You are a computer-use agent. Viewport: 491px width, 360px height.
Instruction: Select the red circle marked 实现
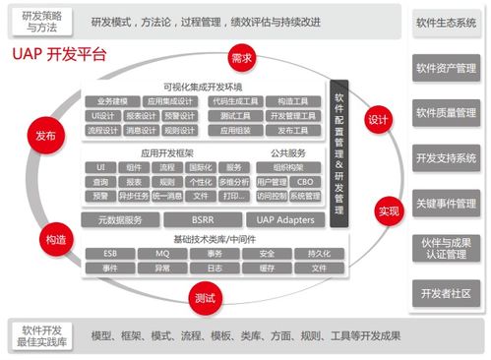click(388, 210)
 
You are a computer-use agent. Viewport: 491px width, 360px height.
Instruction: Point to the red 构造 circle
click(55, 239)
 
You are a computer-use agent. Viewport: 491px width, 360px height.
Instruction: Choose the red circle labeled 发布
click(45, 137)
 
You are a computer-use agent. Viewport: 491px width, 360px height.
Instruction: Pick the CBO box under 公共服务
click(307, 181)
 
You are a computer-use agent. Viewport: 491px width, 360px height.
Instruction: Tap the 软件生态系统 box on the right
click(445, 21)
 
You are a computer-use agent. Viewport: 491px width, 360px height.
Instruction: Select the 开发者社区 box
click(445, 293)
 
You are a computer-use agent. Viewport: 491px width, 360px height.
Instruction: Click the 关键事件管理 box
click(445, 203)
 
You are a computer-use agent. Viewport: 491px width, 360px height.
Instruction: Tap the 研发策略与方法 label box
click(41, 21)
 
